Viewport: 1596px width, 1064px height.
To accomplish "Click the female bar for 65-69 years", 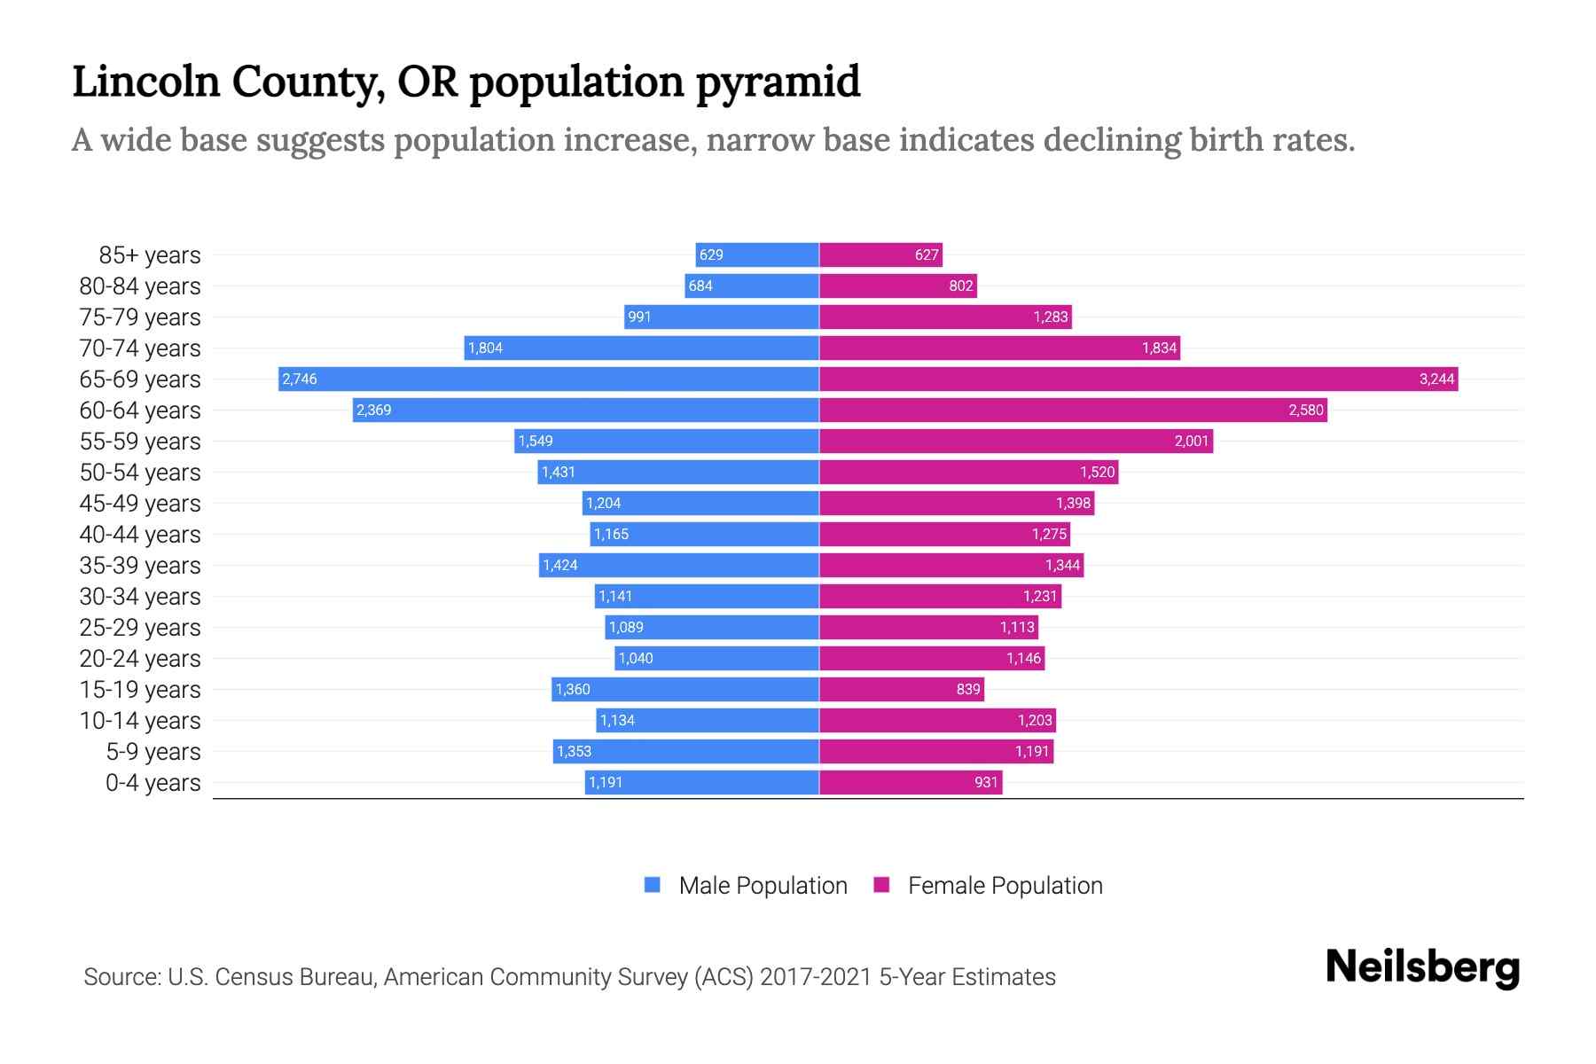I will [1138, 379].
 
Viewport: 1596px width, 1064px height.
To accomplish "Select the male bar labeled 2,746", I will [548, 379].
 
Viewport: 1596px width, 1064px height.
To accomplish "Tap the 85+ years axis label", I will [149, 255].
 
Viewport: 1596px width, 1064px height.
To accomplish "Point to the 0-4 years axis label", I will [153, 783].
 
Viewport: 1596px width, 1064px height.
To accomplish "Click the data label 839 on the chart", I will [968, 690].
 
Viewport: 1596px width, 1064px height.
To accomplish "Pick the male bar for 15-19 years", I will [685, 690].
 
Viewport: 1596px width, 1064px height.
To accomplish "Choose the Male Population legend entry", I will [746, 886].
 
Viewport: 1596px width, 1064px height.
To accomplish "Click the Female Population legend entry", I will [988, 886].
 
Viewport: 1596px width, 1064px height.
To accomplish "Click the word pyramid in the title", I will [778, 82].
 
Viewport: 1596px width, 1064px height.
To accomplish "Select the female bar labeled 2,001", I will [1015, 442].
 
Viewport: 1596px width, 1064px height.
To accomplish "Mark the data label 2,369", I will [373, 411].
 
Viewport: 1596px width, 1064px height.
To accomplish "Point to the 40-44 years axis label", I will [140, 535].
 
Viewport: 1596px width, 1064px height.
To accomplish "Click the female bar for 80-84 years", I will [897, 286].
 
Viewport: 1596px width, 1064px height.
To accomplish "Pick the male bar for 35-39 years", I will [678, 566].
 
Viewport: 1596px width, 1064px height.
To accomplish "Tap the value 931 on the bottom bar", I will [986, 783].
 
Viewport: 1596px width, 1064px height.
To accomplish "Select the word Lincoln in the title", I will [145, 82].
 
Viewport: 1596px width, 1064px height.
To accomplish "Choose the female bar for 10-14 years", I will [937, 721].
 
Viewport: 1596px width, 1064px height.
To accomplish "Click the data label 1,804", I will [485, 348].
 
